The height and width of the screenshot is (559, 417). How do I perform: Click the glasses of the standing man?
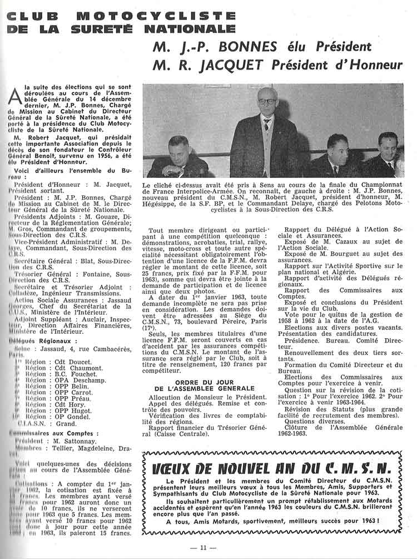266,102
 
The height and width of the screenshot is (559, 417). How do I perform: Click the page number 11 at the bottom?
205,548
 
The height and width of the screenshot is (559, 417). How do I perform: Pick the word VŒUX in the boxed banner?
175,468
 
